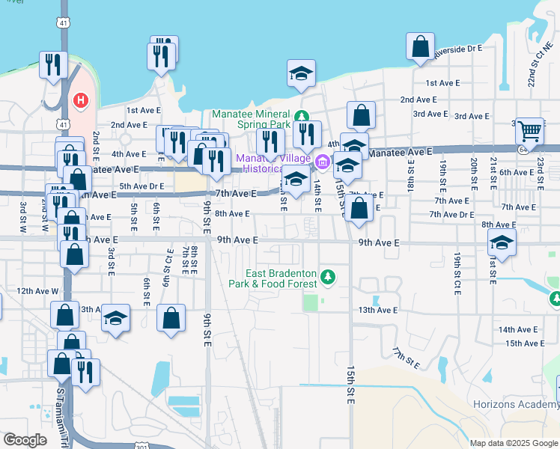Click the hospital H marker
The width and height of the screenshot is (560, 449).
point(79,100)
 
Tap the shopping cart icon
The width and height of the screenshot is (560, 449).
point(530,131)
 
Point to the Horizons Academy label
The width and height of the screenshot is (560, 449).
point(516,404)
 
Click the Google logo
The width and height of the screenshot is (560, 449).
point(25,439)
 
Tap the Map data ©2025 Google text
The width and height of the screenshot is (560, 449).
point(513,442)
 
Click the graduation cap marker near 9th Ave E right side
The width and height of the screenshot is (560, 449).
point(502,243)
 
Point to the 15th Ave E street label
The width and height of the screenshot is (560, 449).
point(524,343)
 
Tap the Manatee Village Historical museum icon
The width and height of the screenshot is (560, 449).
point(323,161)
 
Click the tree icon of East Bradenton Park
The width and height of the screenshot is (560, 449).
point(327,278)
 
